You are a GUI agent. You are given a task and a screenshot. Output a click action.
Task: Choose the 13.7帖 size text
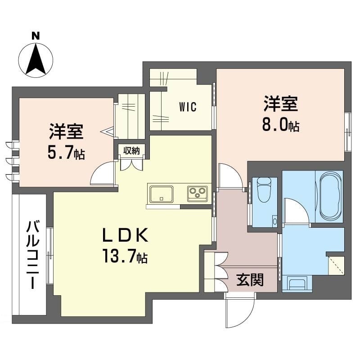coord(124,257)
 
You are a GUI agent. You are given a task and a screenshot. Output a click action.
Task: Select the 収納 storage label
coord(131,150)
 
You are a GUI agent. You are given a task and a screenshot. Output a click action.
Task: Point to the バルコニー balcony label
coord(32,254)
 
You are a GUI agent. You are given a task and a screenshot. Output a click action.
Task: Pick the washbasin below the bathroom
coord(297,285)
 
